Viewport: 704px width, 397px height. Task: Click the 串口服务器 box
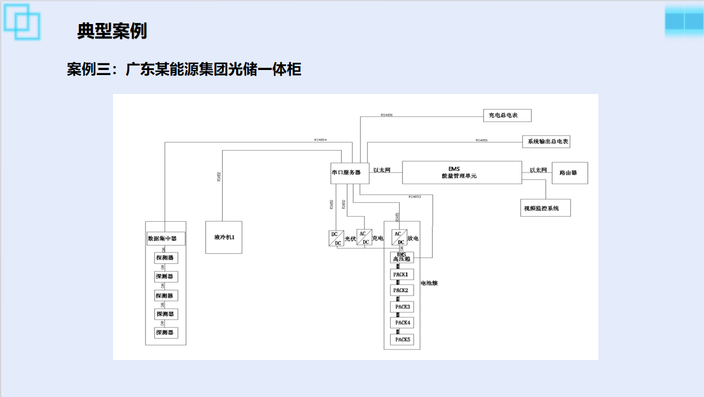tap(350, 173)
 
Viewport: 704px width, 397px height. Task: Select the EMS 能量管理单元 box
tap(462, 172)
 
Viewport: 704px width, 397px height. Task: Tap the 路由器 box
tap(570, 173)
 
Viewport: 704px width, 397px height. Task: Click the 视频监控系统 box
tap(546, 208)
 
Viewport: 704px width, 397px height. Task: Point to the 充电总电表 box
tap(507, 115)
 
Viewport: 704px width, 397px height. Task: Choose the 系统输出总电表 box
tap(546, 142)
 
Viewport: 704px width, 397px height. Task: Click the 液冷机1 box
tap(224, 237)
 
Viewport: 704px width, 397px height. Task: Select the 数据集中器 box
tap(166, 239)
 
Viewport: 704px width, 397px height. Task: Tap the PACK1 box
tap(402, 274)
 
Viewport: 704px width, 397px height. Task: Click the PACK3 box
tap(402, 307)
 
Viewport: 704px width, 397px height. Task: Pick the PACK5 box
tap(402, 339)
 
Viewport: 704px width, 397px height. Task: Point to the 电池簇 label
tap(429, 283)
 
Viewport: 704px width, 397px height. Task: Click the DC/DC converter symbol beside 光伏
tap(336, 238)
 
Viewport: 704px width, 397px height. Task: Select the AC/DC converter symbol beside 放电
tap(398, 237)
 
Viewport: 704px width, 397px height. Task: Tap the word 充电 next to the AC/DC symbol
tap(378, 239)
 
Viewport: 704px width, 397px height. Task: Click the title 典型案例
tap(112, 31)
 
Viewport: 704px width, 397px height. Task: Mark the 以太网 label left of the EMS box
tap(382, 170)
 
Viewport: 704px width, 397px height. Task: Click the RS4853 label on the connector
tap(415, 197)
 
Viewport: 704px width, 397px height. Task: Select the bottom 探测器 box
tap(166, 333)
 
